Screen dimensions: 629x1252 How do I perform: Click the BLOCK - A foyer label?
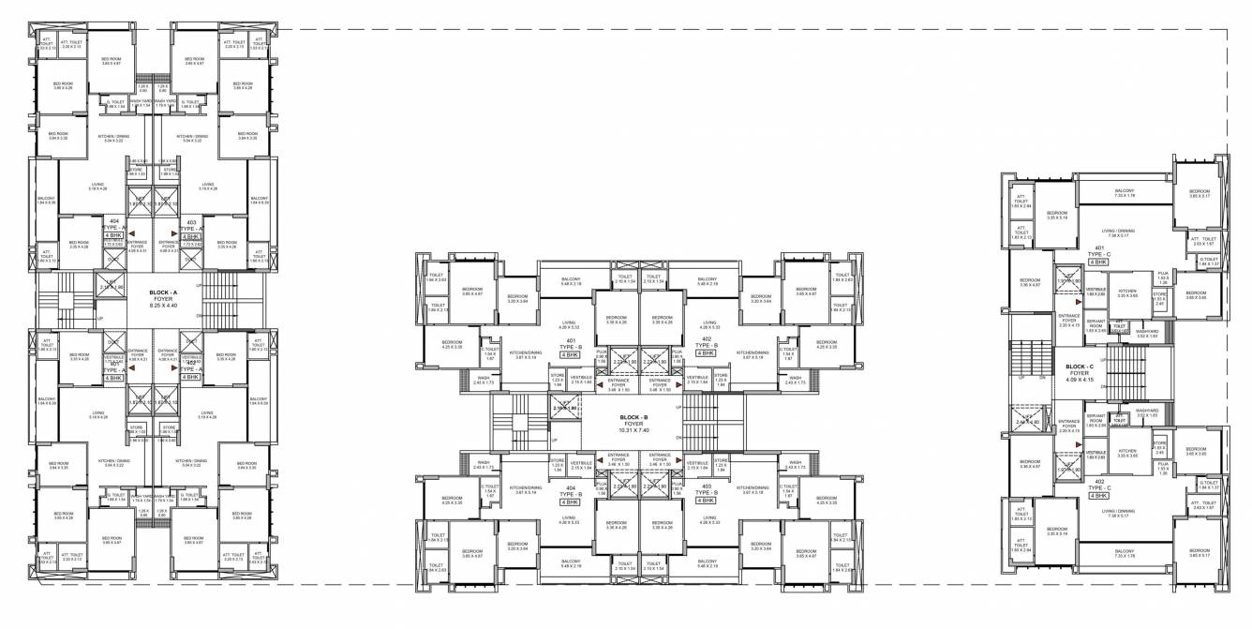156,297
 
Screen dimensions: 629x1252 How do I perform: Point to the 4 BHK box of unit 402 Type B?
706,353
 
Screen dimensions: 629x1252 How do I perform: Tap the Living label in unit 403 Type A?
207,187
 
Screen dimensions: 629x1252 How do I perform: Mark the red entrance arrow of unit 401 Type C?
1060,292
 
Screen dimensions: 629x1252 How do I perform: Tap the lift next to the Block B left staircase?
566,410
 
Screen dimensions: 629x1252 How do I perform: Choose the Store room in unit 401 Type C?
1159,301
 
